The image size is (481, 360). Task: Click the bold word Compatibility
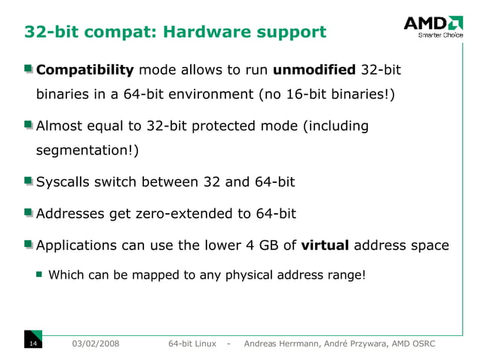(84, 71)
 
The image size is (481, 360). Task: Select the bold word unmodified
(314, 71)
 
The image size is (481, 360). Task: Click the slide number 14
(32, 343)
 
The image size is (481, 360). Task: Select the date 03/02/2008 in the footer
(94, 343)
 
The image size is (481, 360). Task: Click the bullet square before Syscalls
(29, 182)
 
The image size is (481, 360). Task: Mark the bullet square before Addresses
(29, 213)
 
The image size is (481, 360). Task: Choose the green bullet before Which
(40, 275)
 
